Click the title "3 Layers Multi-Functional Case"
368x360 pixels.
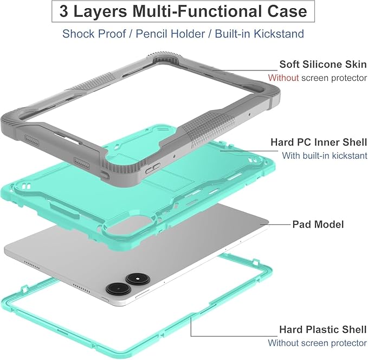pos(183,11)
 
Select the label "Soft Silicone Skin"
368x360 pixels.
pos(323,64)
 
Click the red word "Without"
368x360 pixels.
pos(283,78)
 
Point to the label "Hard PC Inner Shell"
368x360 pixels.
pos(319,142)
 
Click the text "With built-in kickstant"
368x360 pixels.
pos(325,156)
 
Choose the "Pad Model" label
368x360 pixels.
pos(318,224)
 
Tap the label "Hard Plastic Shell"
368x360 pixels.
pos(323,330)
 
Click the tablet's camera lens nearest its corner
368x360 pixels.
pos(118,288)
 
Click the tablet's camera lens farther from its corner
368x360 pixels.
pos(138,279)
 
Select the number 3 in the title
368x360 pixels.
pos(64,11)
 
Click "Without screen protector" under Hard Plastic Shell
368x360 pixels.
pos(317,343)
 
